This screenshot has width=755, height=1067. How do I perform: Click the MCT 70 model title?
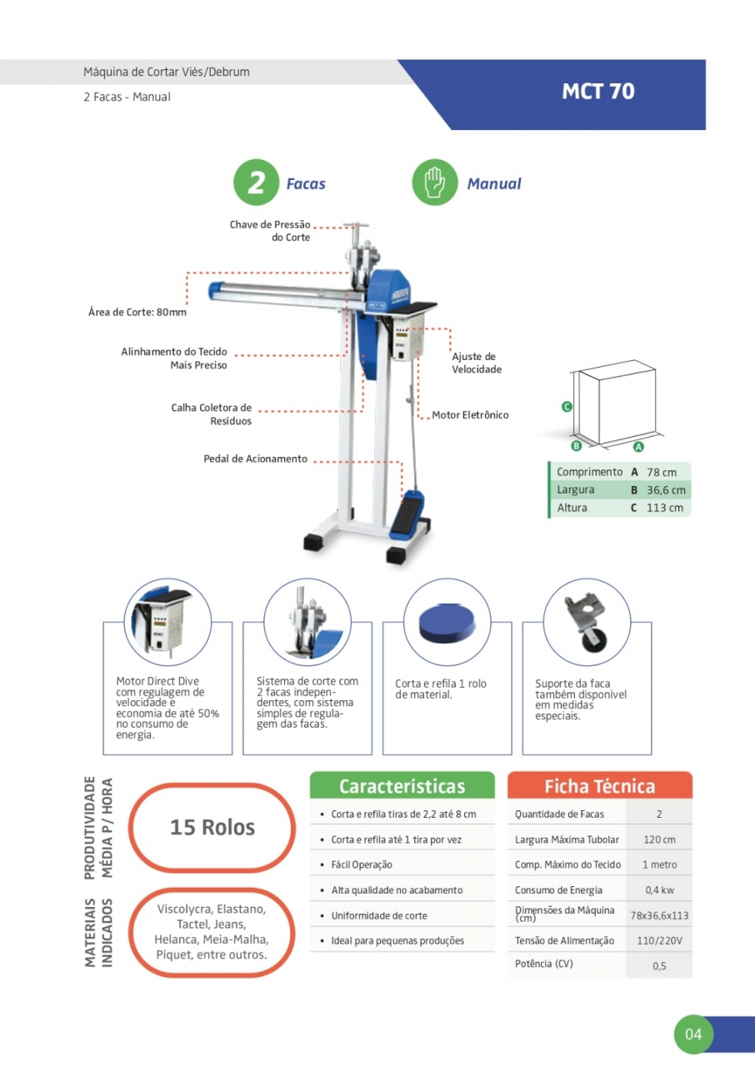pyautogui.click(x=597, y=92)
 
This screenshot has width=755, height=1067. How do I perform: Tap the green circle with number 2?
pyautogui.click(x=256, y=183)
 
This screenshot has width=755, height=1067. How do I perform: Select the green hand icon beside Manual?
pyautogui.click(x=435, y=183)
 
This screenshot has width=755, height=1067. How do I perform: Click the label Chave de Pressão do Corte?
pyautogui.click(x=270, y=231)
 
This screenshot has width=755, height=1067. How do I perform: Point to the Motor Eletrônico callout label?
pyautogui.click(x=470, y=415)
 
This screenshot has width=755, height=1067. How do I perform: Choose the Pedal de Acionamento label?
pyautogui.click(x=255, y=459)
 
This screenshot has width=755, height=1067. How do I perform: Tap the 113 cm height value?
pyautogui.click(x=664, y=508)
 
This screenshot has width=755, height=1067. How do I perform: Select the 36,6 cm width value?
pyautogui.click(x=666, y=490)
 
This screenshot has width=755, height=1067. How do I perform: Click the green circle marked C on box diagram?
pyautogui.click(x=567, y=407)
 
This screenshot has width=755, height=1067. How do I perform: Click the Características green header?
pyautogui.click(x=402, y=786)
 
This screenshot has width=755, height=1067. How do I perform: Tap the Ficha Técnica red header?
pyautogui.click(x=599, y=786)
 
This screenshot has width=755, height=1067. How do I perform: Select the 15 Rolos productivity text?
pyautogui.click(x=212, y=828)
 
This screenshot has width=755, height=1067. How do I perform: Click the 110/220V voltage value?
pyautogui.click(x=659, y=940)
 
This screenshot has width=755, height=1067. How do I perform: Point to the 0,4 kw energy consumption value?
pyautogui.click(x=659, y=890)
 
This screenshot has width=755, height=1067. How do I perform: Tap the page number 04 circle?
pyautogui.click(x=693, y=1035)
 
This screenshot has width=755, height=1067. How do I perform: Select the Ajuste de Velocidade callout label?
pyautogui.click(x=477, y=363)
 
